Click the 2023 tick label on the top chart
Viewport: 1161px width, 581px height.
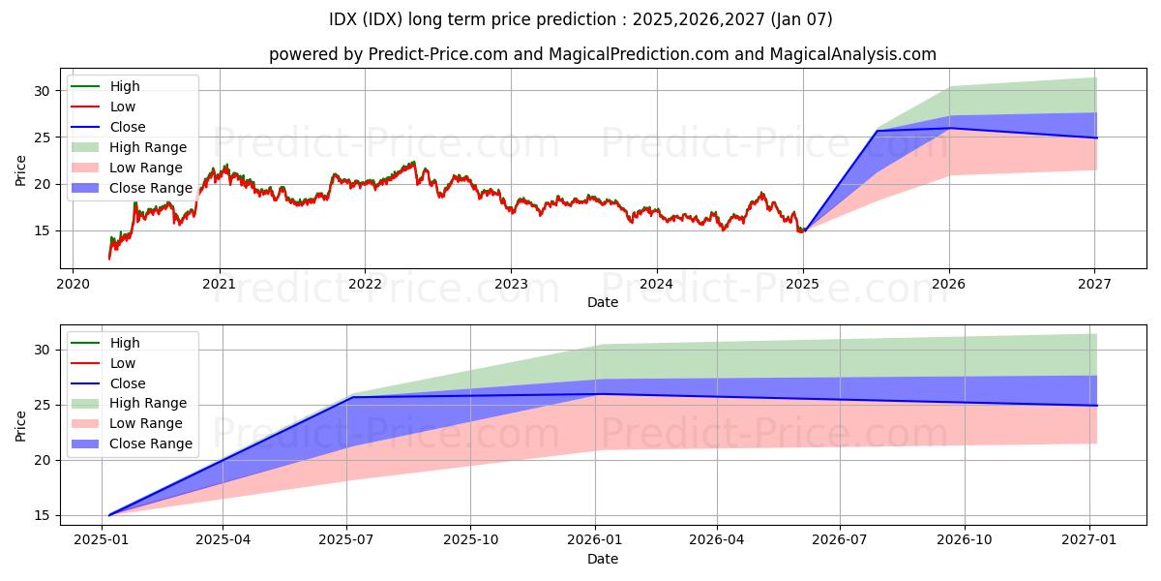click(x=511, y=284)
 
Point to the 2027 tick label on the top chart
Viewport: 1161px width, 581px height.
click(x=1094, y=284)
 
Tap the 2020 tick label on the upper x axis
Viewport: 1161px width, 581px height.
click(x=73, y=284)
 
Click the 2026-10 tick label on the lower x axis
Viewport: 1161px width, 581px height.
click(x=966, y=539)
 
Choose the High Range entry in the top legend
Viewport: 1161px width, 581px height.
click(x=148, y=147)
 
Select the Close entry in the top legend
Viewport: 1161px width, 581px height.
click(x=128, y=127)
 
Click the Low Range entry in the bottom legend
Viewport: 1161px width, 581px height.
click(x=145, y=423)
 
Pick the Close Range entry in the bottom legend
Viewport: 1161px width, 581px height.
click(x=151, y=443)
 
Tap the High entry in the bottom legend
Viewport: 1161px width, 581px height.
click(x=125, y=343)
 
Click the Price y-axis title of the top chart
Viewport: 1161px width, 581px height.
click(x=21, y=170)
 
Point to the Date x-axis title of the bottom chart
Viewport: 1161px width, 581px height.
click(x=603, y=559)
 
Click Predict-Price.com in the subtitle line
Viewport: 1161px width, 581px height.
click(x=439, y=54)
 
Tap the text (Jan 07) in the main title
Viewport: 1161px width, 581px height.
click(x=798, y=19)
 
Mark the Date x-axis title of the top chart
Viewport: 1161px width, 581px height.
click(x=603, y=303)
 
